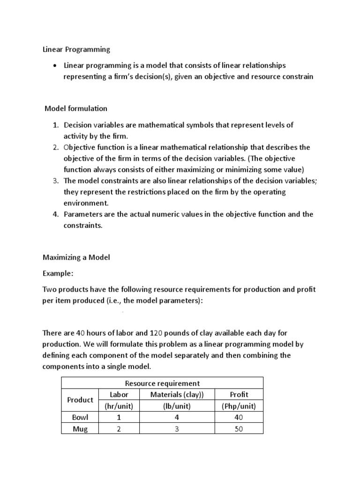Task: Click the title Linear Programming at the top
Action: [76, 49]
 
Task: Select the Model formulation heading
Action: [76, 108]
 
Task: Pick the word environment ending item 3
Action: [86, 203]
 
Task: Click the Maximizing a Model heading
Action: [76, 257]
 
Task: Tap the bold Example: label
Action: [58, 273]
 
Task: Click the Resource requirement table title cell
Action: [162, 383]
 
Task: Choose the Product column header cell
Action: [80, 400]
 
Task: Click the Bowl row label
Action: [80, 417]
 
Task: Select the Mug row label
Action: [80, 428]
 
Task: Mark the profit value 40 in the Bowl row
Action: [239, 417]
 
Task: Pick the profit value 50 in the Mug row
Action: [239, 428]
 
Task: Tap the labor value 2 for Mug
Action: [119, 428]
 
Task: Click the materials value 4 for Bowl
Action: [177, 417]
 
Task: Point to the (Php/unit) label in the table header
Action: [239, 405]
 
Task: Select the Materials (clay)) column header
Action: [177, 394]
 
